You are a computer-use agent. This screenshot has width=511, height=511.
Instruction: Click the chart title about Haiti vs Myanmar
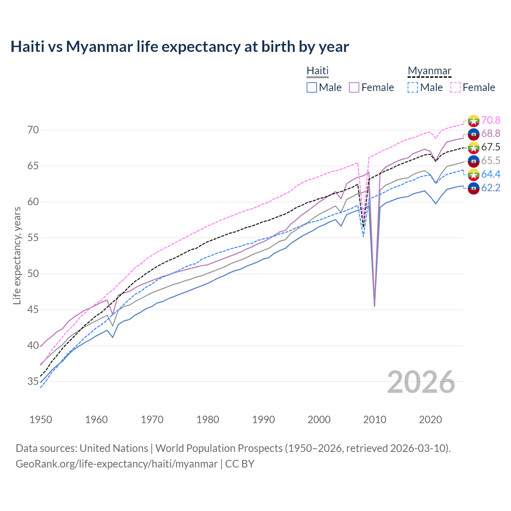[x=180, y=47]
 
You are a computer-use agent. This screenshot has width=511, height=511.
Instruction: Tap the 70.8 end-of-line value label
[x=491, y=120]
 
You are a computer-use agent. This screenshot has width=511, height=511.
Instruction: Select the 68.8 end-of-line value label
[x=491, y=133]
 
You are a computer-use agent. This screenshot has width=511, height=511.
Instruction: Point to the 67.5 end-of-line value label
[x=491, y=147]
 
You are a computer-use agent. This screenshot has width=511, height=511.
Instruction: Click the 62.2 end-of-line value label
[x=491, y=188]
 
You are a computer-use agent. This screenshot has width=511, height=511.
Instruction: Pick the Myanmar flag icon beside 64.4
[x=473, y=174]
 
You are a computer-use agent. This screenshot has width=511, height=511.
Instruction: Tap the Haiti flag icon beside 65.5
[x=473, y=161]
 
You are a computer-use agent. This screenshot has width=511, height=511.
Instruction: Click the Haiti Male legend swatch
[x=312, y=87]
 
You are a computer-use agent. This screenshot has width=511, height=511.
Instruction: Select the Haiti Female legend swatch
[x=354, y=87]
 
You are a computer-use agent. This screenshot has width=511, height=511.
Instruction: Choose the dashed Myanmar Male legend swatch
[x=413, y=87]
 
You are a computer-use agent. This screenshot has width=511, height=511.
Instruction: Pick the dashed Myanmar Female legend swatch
[x=456, y=87]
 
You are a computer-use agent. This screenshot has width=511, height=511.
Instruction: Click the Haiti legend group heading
[x=317, y=71]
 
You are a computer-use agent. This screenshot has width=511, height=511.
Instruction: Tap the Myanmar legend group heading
[x=429, y=71]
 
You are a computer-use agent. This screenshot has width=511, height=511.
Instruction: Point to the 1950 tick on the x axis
[x=41, y=420]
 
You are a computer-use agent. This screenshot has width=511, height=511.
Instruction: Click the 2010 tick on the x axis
[x=375, y=420]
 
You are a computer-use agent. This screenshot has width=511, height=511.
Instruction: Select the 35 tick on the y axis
[x=33, y=382]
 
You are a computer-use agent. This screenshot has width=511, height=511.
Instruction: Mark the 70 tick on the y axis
[x=33, y=130]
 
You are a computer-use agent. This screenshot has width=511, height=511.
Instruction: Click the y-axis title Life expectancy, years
[x=17, y=255]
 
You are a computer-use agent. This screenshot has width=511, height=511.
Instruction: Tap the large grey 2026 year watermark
[x=421, y=382]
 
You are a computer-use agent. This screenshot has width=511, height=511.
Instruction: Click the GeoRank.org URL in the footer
[x=117, y=463]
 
